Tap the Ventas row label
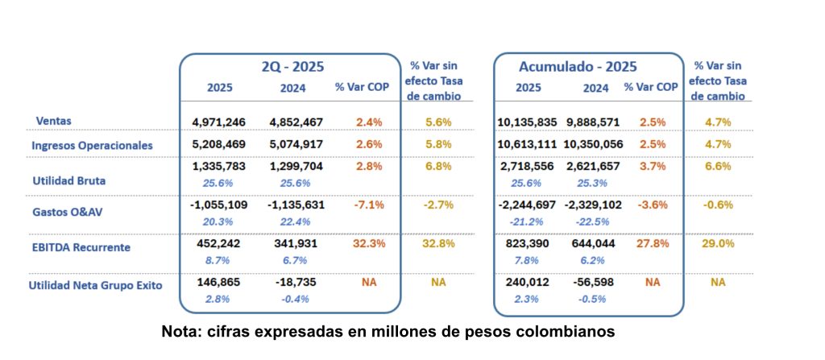click(x=54, y=121)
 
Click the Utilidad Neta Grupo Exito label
click(x=95, y=285)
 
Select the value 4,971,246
click(x=219, y=122)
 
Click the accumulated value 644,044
click(x=595, y=242)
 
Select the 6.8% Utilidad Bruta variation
click(x=438, y=166)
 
